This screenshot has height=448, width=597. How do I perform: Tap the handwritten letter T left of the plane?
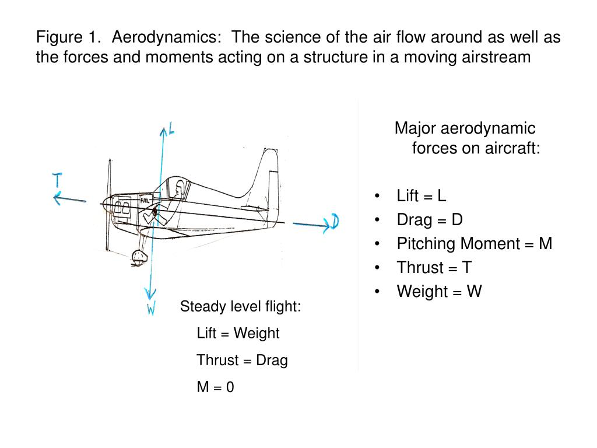58,180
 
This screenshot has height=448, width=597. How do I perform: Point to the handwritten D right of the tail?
335,222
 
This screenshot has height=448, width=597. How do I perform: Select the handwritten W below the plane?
151,309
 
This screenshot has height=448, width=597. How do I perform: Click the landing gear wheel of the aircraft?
139,257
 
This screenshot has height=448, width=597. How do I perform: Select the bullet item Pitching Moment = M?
474,243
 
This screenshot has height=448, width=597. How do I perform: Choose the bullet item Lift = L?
421,195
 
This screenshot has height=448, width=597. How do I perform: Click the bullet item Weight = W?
439,291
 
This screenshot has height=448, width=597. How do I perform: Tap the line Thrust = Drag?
242,360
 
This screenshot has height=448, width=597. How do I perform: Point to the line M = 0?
215,387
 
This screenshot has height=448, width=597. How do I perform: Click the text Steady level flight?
240,306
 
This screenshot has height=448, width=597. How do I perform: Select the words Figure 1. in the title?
69,38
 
